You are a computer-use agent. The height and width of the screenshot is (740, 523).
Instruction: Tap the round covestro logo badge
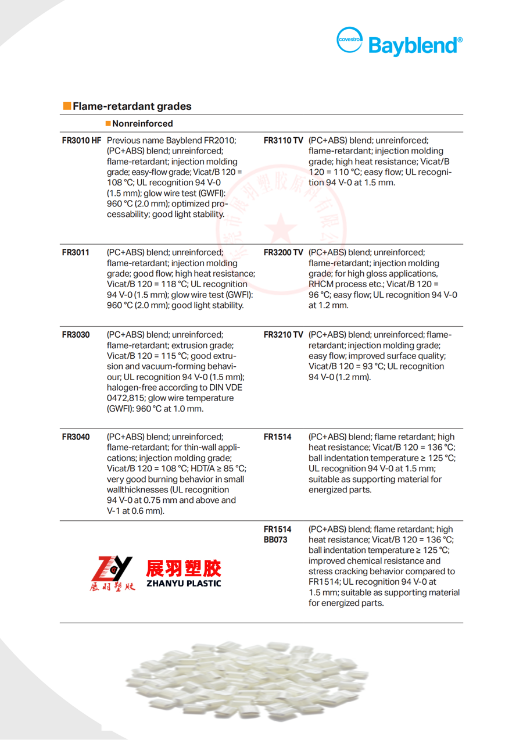click(350, 40)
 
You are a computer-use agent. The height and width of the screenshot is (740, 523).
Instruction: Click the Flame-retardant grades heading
click(132, 106)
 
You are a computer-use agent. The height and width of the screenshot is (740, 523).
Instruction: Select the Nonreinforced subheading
click(142, 124)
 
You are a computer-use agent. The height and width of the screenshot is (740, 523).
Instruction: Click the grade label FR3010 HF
click(81, 141)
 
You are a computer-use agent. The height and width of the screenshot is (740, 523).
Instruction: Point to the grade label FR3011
click(76, 252)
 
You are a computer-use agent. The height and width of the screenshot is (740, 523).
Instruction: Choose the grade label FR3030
click(76, 335)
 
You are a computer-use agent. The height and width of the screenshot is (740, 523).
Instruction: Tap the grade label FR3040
click(76, 437)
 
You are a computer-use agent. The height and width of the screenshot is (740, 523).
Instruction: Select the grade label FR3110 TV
click(283, 141)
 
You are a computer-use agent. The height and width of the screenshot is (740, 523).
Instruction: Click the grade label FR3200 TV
click(283, 252)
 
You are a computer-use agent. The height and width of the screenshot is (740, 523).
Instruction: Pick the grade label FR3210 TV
click(283, 335)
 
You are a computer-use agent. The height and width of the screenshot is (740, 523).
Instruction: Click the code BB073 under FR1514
click(275, 540)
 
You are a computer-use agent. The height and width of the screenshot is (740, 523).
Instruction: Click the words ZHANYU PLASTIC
click(183, 583)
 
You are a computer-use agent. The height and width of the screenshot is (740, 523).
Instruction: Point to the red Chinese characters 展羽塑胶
click(183, 567)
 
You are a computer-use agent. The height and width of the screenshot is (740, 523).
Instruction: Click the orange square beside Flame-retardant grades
click(67, 106)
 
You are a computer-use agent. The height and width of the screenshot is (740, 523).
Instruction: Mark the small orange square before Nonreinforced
click(108, 124)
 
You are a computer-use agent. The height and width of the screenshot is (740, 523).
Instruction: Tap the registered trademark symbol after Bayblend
click(460, 40)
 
